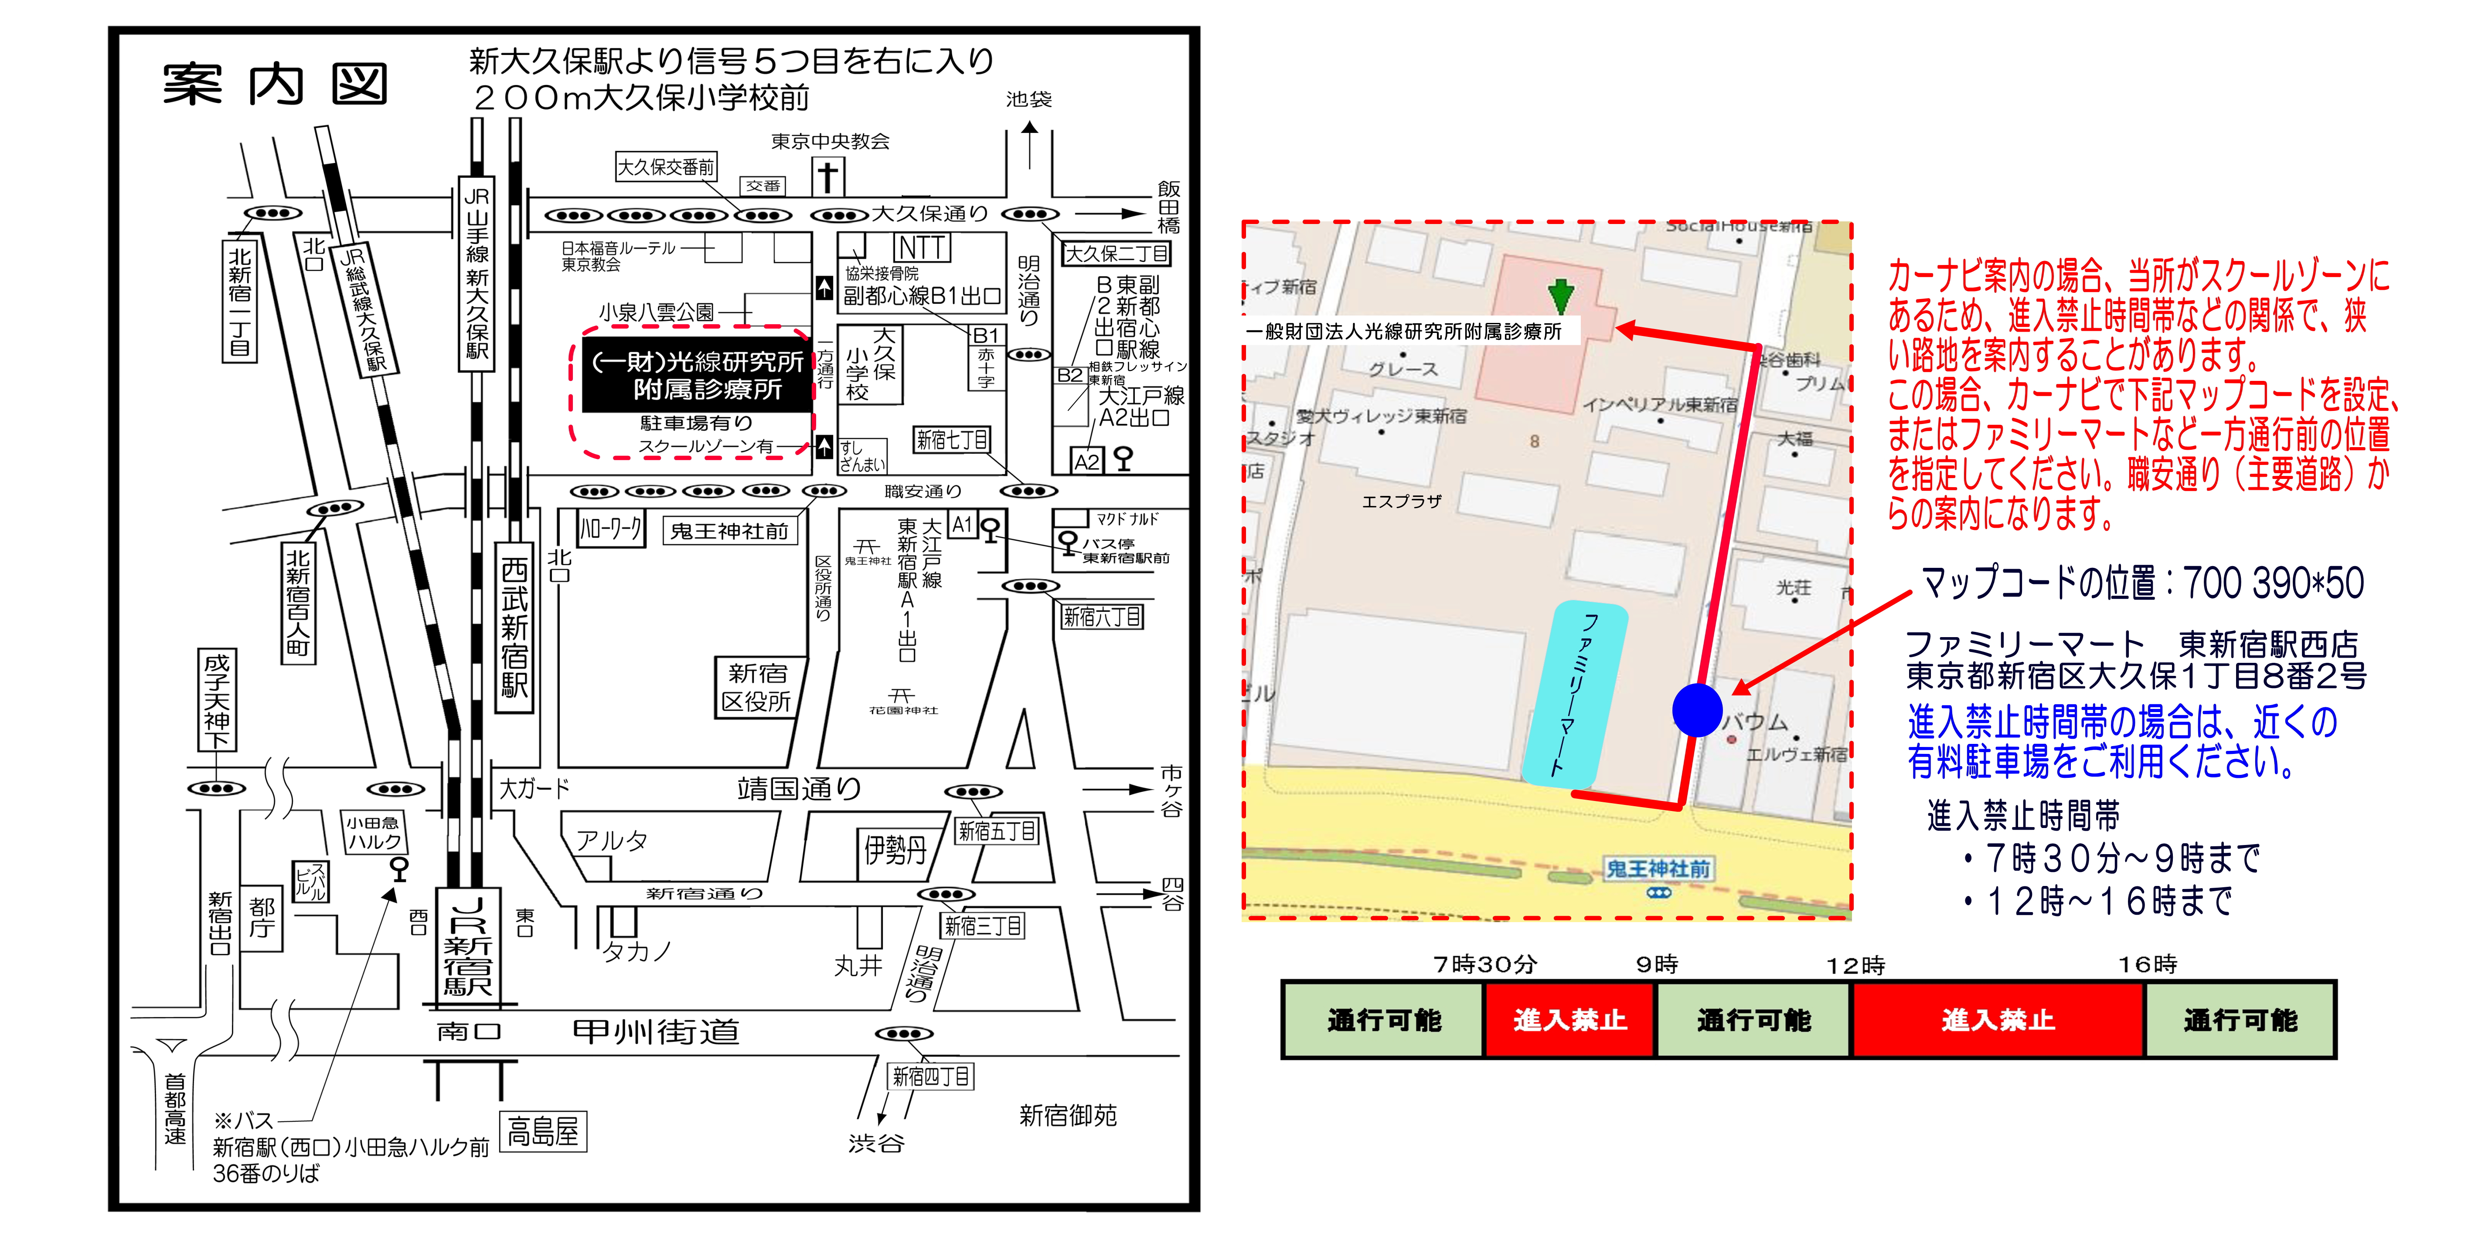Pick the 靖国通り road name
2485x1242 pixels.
(799, 789)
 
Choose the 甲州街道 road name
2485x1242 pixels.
(656, 1032)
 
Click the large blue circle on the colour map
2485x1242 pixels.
(1697, 711)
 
